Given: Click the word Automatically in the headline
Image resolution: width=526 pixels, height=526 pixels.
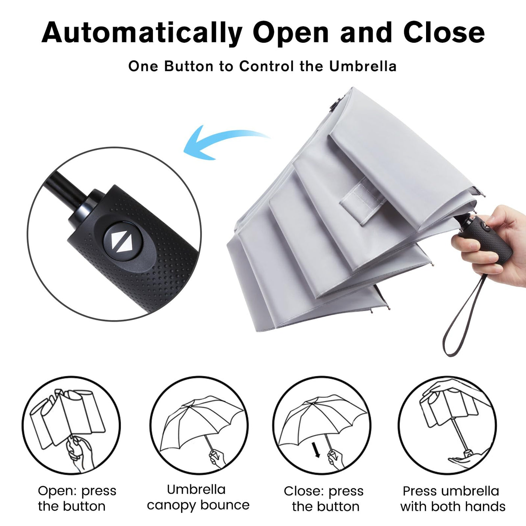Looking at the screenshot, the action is [x=142, y=33].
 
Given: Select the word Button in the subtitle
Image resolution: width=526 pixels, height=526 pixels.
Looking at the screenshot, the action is [x=189, y=67].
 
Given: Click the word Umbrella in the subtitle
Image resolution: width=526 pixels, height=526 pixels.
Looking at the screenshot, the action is [x=363, y=67].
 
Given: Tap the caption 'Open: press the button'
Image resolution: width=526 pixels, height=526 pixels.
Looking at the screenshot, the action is [x=77, y=499].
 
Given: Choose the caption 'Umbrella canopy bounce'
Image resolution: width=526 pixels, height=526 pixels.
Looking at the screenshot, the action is [x=198, y=497].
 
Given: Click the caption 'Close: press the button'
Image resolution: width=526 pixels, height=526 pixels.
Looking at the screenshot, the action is [x=324, y=499].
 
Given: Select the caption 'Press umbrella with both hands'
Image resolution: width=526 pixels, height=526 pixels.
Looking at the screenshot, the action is [x=453, y=499].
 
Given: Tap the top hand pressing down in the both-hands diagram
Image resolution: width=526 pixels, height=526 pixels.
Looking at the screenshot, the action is [x=450, y=388].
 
